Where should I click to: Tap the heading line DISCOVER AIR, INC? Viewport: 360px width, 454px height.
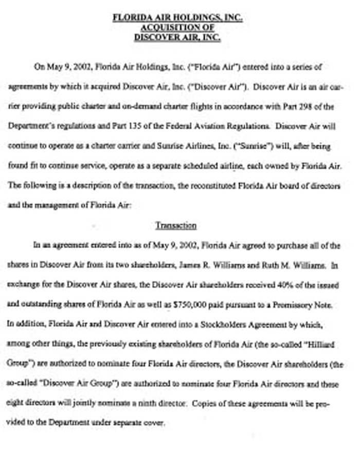(x=177, y=37)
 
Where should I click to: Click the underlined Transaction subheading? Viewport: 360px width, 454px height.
(x=175, y=225)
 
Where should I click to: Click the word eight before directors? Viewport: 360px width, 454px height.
(x=17, y=403)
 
